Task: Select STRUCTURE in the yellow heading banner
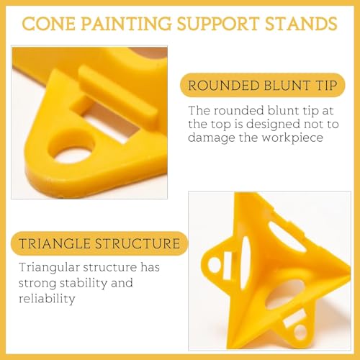coord(141,244)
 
